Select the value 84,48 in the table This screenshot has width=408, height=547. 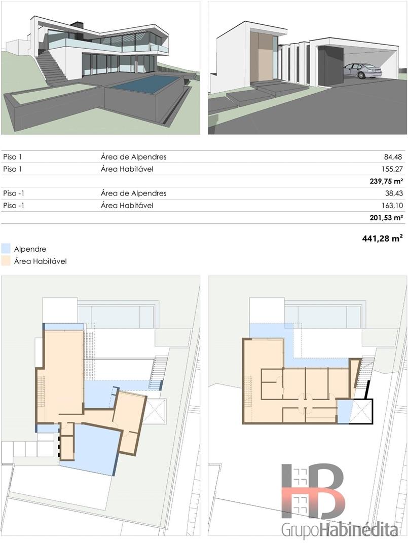pos(393,157)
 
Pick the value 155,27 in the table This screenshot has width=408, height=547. pos(392,169)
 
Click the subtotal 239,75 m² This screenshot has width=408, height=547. pos(386,181)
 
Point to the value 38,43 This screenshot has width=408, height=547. pos(394,193)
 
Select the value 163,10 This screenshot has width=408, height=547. pos(392,206)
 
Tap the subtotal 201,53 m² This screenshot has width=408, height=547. pos(386,218)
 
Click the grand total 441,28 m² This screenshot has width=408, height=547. pos(383,239)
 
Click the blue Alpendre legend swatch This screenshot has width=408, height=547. pos(6,249)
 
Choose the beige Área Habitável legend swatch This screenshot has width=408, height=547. pos(6,261)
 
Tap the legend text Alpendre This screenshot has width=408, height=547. pos(30,249)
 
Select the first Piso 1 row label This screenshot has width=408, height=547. pos(13,157)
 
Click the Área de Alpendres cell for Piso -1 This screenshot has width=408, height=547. pos(134,193)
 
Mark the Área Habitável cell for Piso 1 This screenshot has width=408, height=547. pos(127,169)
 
